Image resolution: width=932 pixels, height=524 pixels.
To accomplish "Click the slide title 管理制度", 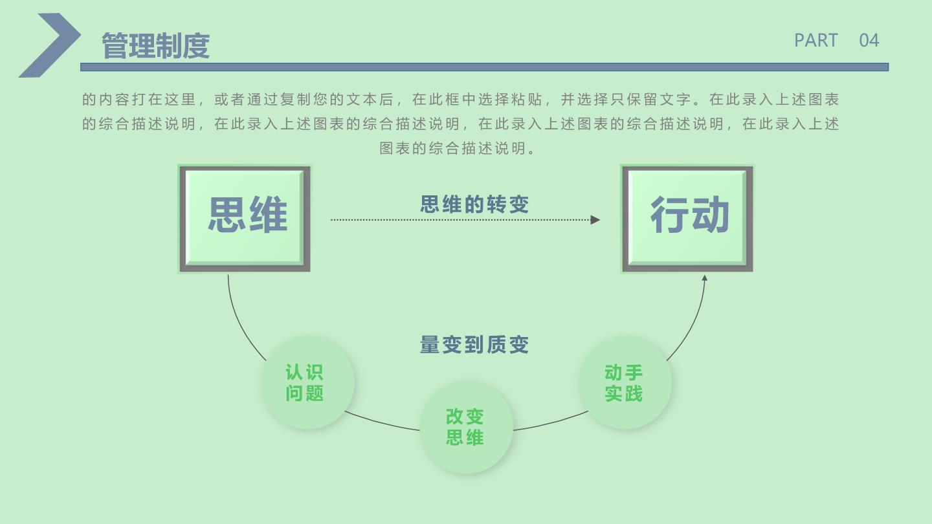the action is click(x=155, y=45).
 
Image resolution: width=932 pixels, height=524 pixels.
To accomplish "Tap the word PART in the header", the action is click(x=816, y=40).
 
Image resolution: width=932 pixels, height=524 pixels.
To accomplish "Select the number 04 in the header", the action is click(x=869, y=40).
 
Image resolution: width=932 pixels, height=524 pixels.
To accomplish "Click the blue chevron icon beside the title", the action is click(x=49, y=45).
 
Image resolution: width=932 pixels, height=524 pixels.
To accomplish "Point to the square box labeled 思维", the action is click(x=245, y=219).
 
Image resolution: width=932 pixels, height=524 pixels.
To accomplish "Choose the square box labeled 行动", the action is click(x=687, y=219).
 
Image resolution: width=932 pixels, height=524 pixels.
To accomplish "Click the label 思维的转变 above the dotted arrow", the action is click(x=474, y=204).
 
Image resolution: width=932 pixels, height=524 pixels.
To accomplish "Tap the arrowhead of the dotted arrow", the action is click(x=595, y=219).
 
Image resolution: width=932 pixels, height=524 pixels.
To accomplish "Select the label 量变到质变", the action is click(x=474, y=345).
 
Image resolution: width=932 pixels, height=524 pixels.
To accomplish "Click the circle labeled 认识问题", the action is click(x=307, y=382).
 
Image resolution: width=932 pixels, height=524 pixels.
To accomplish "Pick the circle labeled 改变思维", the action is click(x=467, y=427).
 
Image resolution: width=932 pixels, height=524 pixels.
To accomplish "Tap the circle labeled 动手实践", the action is click(x=625, y=382).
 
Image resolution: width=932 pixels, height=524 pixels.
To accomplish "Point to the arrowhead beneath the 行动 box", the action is click(x=704, y=278).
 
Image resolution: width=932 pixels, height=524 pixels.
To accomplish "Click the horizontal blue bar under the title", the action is click(x=484, y=67).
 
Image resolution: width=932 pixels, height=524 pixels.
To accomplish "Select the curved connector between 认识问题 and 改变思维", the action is click(x=382, y=422).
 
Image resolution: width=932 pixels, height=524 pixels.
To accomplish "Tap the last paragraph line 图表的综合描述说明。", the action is click(x=458, y=149).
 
